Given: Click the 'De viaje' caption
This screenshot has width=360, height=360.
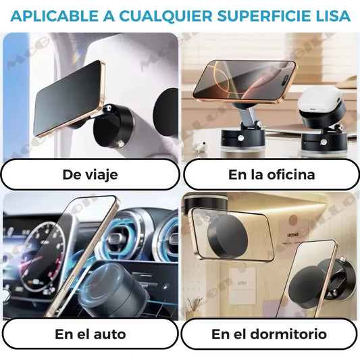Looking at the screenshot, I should point(90,175).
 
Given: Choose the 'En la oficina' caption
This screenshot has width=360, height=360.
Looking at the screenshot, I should point(271,175).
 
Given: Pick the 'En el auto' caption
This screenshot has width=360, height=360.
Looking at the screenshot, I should point(90,334).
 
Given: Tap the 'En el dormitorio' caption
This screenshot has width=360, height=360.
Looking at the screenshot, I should point(269,334).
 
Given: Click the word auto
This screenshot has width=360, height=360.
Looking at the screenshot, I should point(111,334).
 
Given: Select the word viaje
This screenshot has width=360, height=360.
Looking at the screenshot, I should point(101,175).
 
